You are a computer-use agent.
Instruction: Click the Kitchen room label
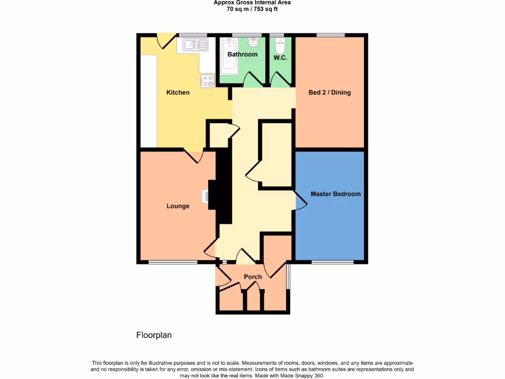point(178,92)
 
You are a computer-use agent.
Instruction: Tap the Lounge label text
point(178,206)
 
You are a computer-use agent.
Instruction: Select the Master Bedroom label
point(335,194)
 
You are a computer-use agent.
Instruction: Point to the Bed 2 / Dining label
point(329,92)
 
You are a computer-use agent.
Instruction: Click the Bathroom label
point(242,54)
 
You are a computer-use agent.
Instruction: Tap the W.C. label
point(280,58)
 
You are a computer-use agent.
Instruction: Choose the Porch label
point(252,277)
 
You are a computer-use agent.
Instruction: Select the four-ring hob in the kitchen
point(207,81)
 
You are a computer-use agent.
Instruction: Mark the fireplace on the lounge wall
point(206,196)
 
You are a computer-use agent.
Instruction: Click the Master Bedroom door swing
point(300,202)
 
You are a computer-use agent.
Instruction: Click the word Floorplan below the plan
point(154,335)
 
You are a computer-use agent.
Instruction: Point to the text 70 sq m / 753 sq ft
point(252,9)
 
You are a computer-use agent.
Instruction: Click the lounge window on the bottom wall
point(173,262)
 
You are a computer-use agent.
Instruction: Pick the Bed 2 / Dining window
point(330,35)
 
